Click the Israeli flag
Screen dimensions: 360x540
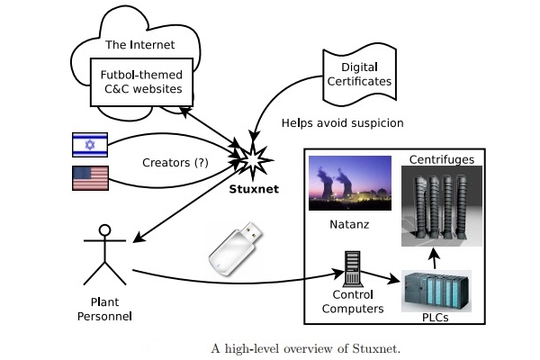pos(90,144)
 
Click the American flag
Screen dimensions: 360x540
pos(90,177)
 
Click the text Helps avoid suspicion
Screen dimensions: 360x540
pos(342,121)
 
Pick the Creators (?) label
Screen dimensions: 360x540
pos(176,162)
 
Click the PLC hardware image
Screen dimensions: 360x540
pos(436,289)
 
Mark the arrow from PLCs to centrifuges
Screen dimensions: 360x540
pos(435,258)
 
